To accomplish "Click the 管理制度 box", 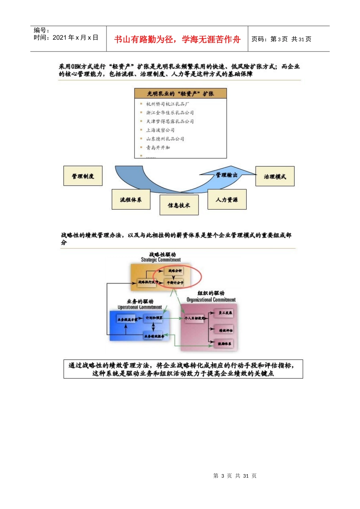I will coord(83,176).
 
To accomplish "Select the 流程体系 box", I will coord(131,200).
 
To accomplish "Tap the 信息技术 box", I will coord(179,205).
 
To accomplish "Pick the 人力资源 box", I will coord(227,200).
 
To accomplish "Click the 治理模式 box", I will coord(275,176).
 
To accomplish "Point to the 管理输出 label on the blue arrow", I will coord(227,175).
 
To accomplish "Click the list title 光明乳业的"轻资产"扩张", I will coord(180,94).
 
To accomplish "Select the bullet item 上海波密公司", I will coord(160,130).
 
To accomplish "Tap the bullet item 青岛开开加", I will coord(158,147).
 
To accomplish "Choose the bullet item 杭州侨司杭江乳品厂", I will coord(168,104).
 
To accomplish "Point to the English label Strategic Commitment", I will coord(161,260).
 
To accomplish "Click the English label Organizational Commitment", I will coord(211,300).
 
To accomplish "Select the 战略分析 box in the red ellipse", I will coord(175,271).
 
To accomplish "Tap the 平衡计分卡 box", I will coord(175,283).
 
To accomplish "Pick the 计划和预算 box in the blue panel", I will coord(154,318).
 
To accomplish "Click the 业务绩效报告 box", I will coord(154,336).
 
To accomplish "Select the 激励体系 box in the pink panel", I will coord(224,343).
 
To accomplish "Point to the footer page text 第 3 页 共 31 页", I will coord(235,476).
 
